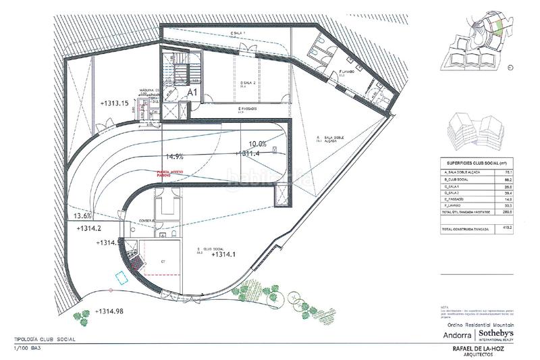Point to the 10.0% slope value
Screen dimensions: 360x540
click(259, 144)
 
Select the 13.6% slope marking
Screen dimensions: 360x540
click(81, 216)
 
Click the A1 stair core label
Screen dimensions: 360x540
click(192, 91)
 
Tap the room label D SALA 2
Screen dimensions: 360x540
click(240, 82)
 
